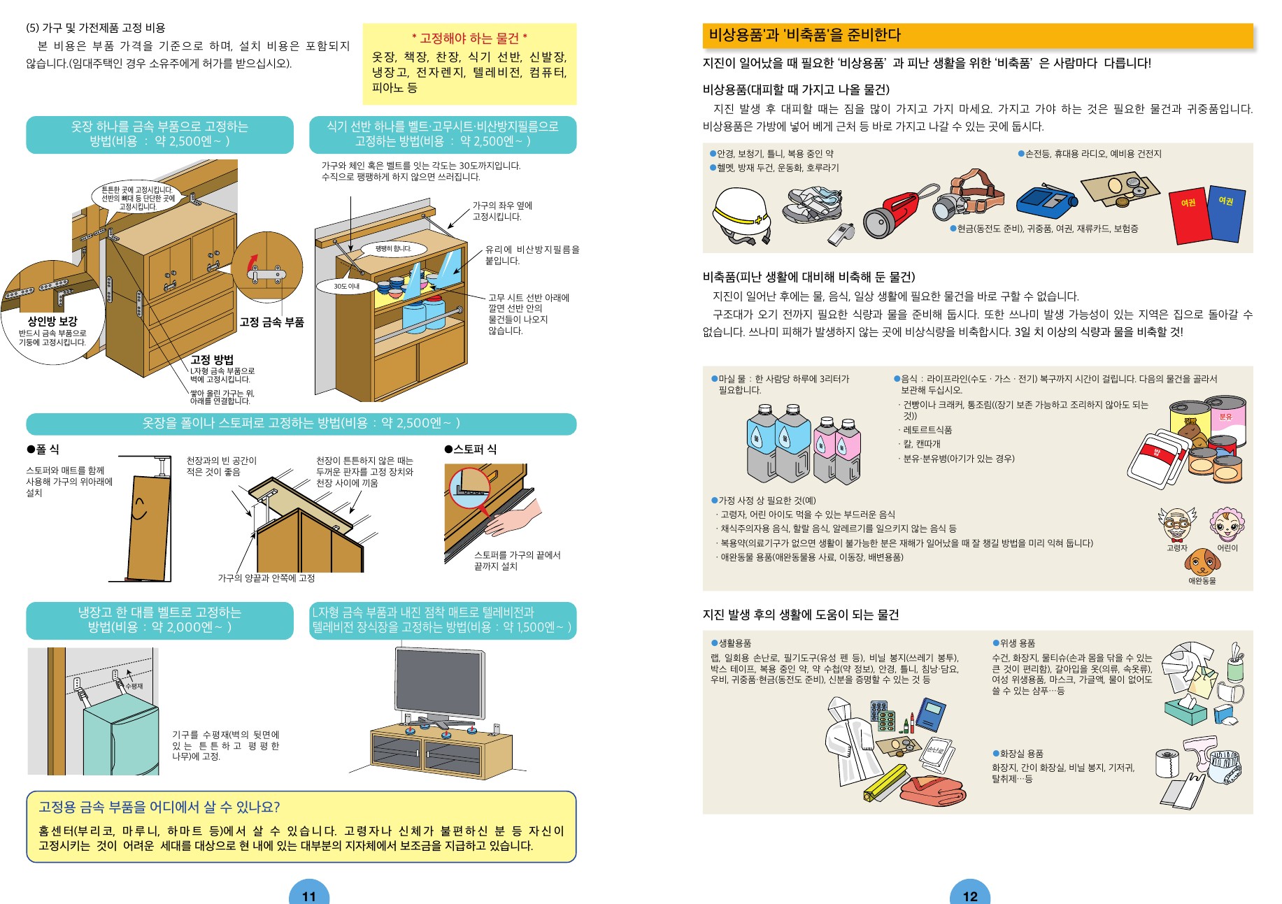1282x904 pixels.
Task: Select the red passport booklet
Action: click(x=1190, y=215)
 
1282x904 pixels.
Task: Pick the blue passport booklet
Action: click(x=1225, y=212)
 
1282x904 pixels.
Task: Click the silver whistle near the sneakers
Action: click(x=840, y=234)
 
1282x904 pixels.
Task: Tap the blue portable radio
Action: click(x=1046, y=202)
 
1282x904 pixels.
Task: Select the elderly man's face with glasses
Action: click(x=1177, y=525)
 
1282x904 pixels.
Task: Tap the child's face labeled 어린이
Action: click(x=1227, y=525)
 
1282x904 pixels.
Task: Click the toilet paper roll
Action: click(x=1167, y=763)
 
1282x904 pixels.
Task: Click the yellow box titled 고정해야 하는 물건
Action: click(x=469, y=64)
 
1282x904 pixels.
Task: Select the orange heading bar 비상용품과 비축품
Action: click(x=977, y=35)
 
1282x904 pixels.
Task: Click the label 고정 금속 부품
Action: click(x=272, y=322)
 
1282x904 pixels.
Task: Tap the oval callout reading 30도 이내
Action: click(x=347, y=286)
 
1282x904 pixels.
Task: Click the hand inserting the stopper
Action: click(x=513, y=518)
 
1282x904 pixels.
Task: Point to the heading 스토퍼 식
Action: click(x=470, y=449)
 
